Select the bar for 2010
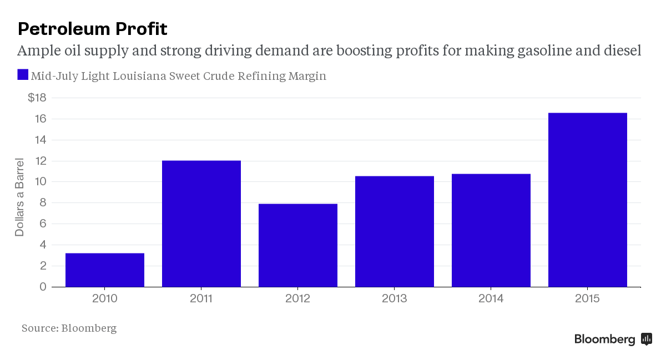click(x=105, y=270)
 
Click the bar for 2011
click(x=201, y=224)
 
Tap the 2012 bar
click(x=298, y=245)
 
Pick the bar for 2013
click(x=395, y=231)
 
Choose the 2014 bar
click(x=491, y=230)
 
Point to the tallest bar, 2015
click(x=588, y=200)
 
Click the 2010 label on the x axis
click(x=105, y=299)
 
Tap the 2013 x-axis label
click(x=395, y=299)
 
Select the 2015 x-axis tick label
click(x=588, y=299)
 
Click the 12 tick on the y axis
click(x=39, y=161)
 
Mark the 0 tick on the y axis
click(x=43, y=287)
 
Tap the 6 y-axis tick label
click(x=43, y=224)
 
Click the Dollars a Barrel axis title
click(x=20, y=197)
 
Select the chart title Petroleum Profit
click(x=92, y=29)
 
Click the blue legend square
click(x=23, y=75)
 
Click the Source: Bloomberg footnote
click(x=69, y=328)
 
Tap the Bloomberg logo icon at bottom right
click(x=647, y=339)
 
